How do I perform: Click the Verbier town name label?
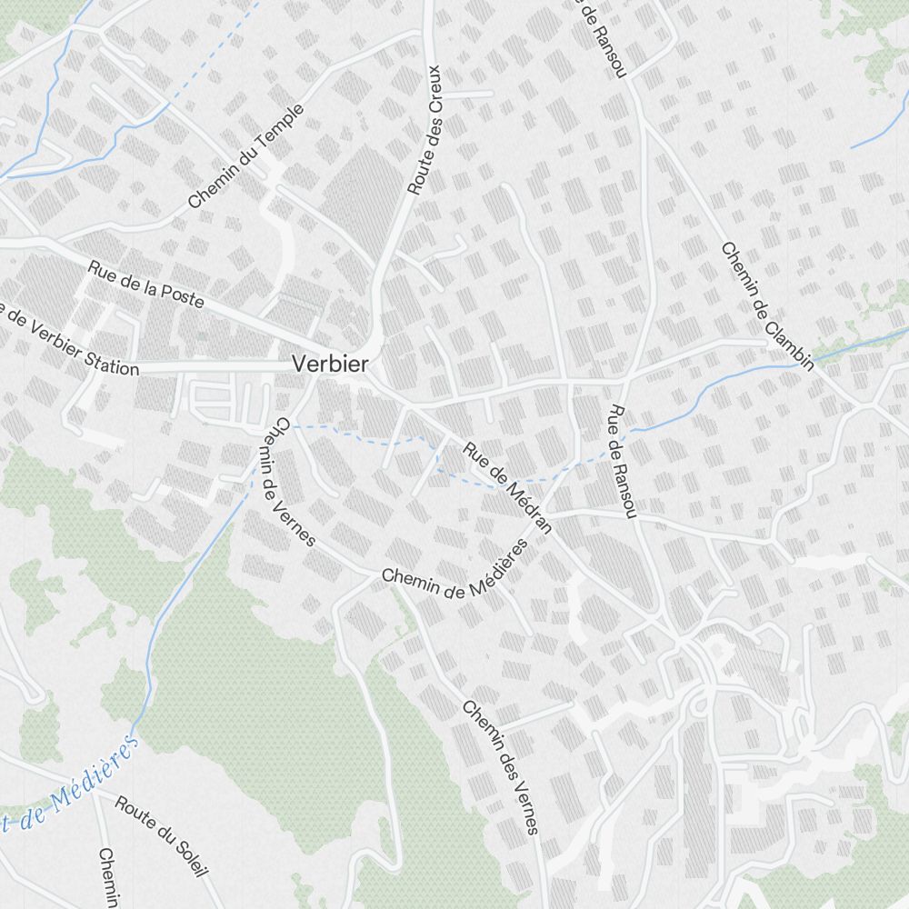click(330, 365)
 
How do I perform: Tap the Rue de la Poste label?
click(145, 284)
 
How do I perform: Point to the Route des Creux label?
click(424, 130)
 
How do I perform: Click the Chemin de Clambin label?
click(766, 306)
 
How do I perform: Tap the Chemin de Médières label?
click(454, 571)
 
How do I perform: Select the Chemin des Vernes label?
click(500, 767)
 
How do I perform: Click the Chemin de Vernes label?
click(294, 483)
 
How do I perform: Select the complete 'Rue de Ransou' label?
click(622, 463)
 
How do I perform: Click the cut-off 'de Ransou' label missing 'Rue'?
click(603, 36)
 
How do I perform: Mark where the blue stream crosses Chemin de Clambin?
click(812, 362)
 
